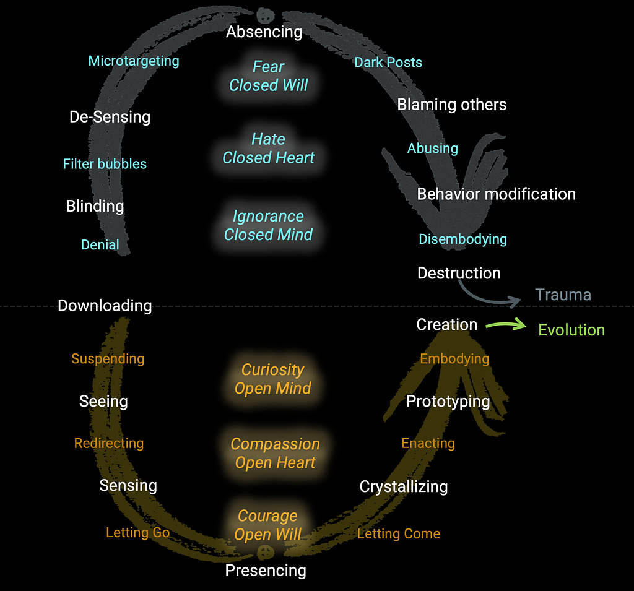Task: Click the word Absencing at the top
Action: [x=264, y=32]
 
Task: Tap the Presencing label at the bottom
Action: [x=266, y=571]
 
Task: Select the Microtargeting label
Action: [x=134, y=61]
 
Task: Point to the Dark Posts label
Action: [x=388, y=63]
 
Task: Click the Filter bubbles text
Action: [x=105, y=164]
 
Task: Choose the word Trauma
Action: [x=563, y=295]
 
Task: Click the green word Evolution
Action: [x=571, y=330]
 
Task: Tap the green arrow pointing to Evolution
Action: [x=506, y=324]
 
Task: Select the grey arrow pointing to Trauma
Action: [x=485, y=295]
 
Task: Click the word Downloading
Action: [x=105, y=306]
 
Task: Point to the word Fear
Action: [x=269, y=67]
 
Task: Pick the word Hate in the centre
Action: [x=269, y=139]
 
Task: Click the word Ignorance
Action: [x=268, y=216]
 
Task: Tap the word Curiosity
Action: [x=273, y=369]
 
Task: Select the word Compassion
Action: [x=276, y=444]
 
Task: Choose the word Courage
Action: [x=267, y=516]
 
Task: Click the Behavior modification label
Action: [x=496, y=194]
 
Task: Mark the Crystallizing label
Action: [x=404, y=486]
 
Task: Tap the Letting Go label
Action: [x=138, y=532]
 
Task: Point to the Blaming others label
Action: [x=451, y=105]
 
